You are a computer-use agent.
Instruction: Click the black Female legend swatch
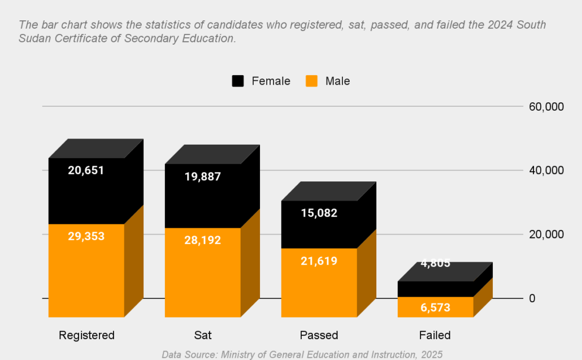238,81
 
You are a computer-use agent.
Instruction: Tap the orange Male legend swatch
311,81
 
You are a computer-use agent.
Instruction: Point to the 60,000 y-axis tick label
546,107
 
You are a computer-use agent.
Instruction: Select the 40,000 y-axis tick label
546,171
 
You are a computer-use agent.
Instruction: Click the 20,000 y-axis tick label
546,235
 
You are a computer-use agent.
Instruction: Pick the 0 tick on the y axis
532,298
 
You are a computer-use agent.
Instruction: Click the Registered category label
86,335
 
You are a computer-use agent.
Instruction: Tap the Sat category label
202,335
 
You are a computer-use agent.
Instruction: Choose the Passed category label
319,335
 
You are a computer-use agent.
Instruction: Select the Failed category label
435,335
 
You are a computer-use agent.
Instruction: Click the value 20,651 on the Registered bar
86,170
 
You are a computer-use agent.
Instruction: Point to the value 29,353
86,236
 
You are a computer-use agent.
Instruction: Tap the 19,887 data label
202,176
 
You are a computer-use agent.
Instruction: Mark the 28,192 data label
202,240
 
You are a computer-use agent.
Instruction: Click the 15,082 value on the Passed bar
319,213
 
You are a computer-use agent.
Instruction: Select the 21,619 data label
319,261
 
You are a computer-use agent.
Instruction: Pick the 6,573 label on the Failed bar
435,307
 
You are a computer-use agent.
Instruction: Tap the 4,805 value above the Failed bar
435,263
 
